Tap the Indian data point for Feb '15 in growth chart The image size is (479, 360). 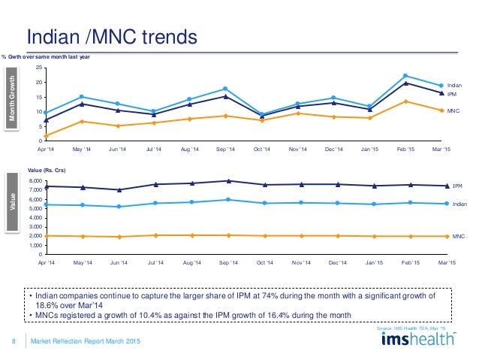405,76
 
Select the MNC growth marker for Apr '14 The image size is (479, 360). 47,136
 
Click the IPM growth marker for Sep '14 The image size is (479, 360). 225,96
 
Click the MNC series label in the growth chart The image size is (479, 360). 453,111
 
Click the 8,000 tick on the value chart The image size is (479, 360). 34,181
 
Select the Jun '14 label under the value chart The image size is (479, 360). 118,262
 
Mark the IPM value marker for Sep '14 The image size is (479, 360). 225,180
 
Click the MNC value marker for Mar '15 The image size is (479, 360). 441,236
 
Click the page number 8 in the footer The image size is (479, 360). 14,343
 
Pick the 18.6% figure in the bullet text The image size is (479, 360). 47,306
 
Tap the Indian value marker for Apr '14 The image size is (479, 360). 47,204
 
